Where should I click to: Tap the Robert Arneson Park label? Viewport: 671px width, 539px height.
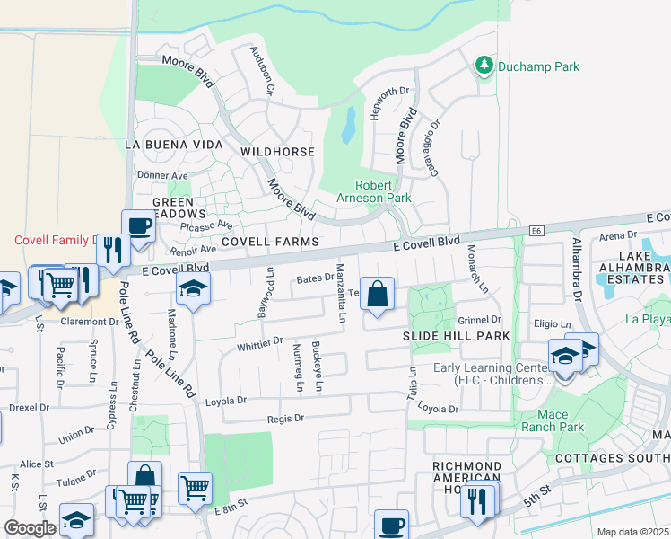pos(374,191)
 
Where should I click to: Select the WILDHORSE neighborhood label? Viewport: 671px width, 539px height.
pos(277,152)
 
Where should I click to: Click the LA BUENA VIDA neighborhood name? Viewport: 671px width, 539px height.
pos(173,144)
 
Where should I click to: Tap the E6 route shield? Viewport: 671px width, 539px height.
pos(536,232)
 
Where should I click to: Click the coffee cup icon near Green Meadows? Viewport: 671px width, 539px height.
pos(138,225)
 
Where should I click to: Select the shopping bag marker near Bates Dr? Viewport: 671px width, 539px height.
pos(378,294)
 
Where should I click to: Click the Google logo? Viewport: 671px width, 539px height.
pos(29,528)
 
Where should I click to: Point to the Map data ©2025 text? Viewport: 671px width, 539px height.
pos(632,532)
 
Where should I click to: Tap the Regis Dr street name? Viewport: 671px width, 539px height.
pos(286,418)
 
